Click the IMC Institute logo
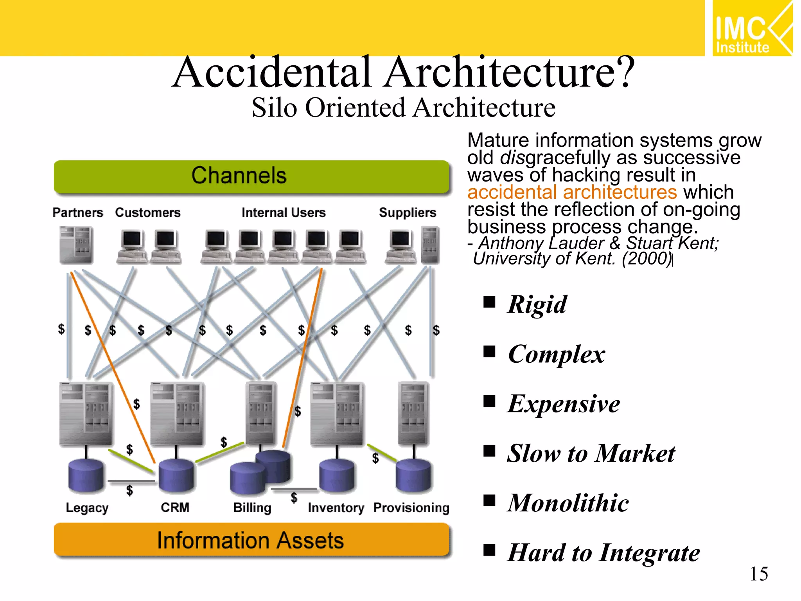coord(752,28)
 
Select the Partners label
coord(78,212)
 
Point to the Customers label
coord(148,212)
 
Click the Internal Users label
coord(284,212)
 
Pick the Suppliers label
coord(408,212)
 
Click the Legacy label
coord(87,507)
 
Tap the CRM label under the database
coord(175,507)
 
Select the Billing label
coord(252,507)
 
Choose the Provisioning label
coord(411,507)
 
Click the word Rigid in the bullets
coord(537,304)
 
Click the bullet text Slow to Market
coord(591,453)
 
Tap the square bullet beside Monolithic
coord(489,500)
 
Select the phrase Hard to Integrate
coord(603,552)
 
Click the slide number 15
coord(758,574)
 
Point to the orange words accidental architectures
coord(572,192)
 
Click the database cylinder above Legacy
coord(86,475)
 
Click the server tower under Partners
coord(76,245)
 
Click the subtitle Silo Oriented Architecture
coord(403,108)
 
